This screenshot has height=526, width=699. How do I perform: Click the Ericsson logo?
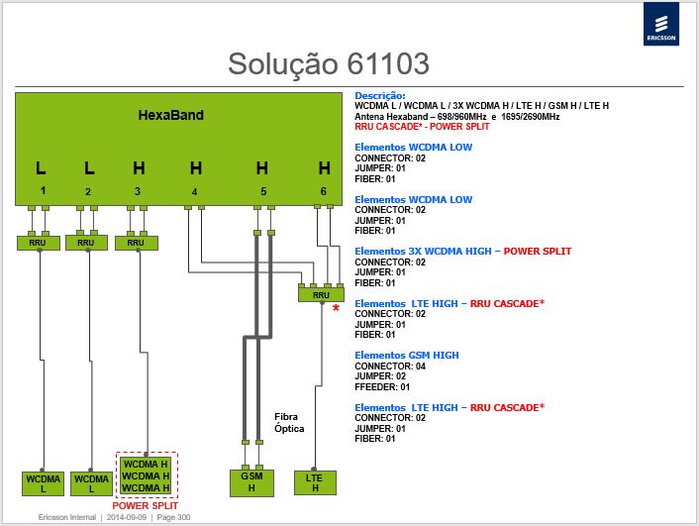click(x=661, y=24)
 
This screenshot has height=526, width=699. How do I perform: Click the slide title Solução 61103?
click(x=329, y=63)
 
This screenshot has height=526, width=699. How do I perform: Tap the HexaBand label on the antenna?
click(x=170, y=115)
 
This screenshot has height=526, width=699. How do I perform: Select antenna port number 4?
click(x=194, y=192)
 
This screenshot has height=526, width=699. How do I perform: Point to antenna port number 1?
click(x=43, y=190)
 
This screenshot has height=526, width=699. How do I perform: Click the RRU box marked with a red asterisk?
click(x=321, y=295)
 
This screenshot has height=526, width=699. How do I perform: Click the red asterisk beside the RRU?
click(x=336, y=308)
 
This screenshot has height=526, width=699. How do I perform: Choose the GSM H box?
click(x=251, y=482)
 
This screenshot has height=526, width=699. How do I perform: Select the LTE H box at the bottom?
click(x=315, y=482)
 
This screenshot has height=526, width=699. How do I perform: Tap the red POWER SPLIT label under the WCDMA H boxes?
click(x=145, y=505)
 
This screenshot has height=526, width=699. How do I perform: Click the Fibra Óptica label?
click(x=289, y=423)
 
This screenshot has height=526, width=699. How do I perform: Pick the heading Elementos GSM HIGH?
click(x=407, y=356)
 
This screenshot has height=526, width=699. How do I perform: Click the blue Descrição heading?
click(x=380, y=95)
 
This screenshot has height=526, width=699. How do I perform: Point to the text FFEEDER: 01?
click(x=382, y=386)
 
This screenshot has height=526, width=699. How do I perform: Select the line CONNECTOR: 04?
click(x=390, y=367)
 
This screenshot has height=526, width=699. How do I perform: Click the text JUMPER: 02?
click(x=380, y=376)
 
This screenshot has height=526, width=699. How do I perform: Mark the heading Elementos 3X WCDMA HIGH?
click(x=423, y=252)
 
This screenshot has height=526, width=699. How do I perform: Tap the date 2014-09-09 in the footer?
click(x=126, y=517)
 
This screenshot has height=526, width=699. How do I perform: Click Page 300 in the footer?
click(x=173, y=517)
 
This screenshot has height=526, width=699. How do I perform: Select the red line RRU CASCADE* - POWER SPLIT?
click(x=422, y=127)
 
